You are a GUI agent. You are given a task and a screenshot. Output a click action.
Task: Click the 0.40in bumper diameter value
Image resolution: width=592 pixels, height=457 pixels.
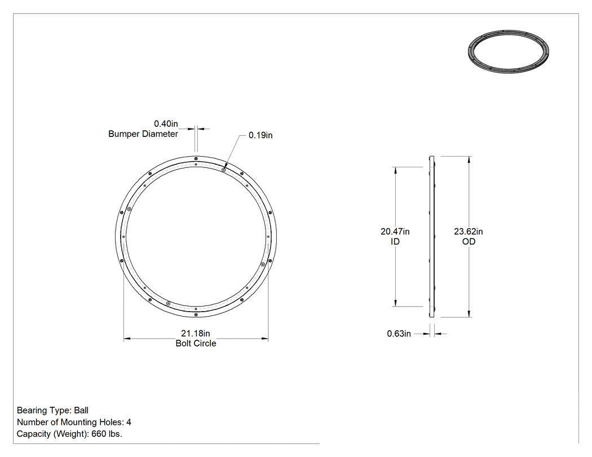[x=166, y=124]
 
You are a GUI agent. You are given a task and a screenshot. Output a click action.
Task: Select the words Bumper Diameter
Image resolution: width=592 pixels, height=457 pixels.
[x=143, y=134]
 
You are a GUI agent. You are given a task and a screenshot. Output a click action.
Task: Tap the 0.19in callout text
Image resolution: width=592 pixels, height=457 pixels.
[x=260, y=135]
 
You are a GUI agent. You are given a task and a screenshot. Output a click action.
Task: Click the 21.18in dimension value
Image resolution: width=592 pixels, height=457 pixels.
[x=196, y=334]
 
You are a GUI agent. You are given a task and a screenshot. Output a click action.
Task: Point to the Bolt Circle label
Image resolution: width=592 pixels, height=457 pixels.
[x=196, y=343]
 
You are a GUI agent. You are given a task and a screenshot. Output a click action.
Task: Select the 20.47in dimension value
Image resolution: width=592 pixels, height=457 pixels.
[x=395, y=232]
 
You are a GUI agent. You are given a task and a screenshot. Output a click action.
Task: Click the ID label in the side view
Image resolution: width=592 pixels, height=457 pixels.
[x=395, y=242]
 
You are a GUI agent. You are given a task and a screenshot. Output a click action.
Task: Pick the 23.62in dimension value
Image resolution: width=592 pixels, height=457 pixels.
[x=469, y=232]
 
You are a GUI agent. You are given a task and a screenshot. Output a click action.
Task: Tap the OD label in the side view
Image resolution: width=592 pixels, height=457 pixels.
[x=469, y=242]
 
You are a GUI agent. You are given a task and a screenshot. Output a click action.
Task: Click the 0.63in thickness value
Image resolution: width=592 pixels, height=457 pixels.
[x=399, y=334]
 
